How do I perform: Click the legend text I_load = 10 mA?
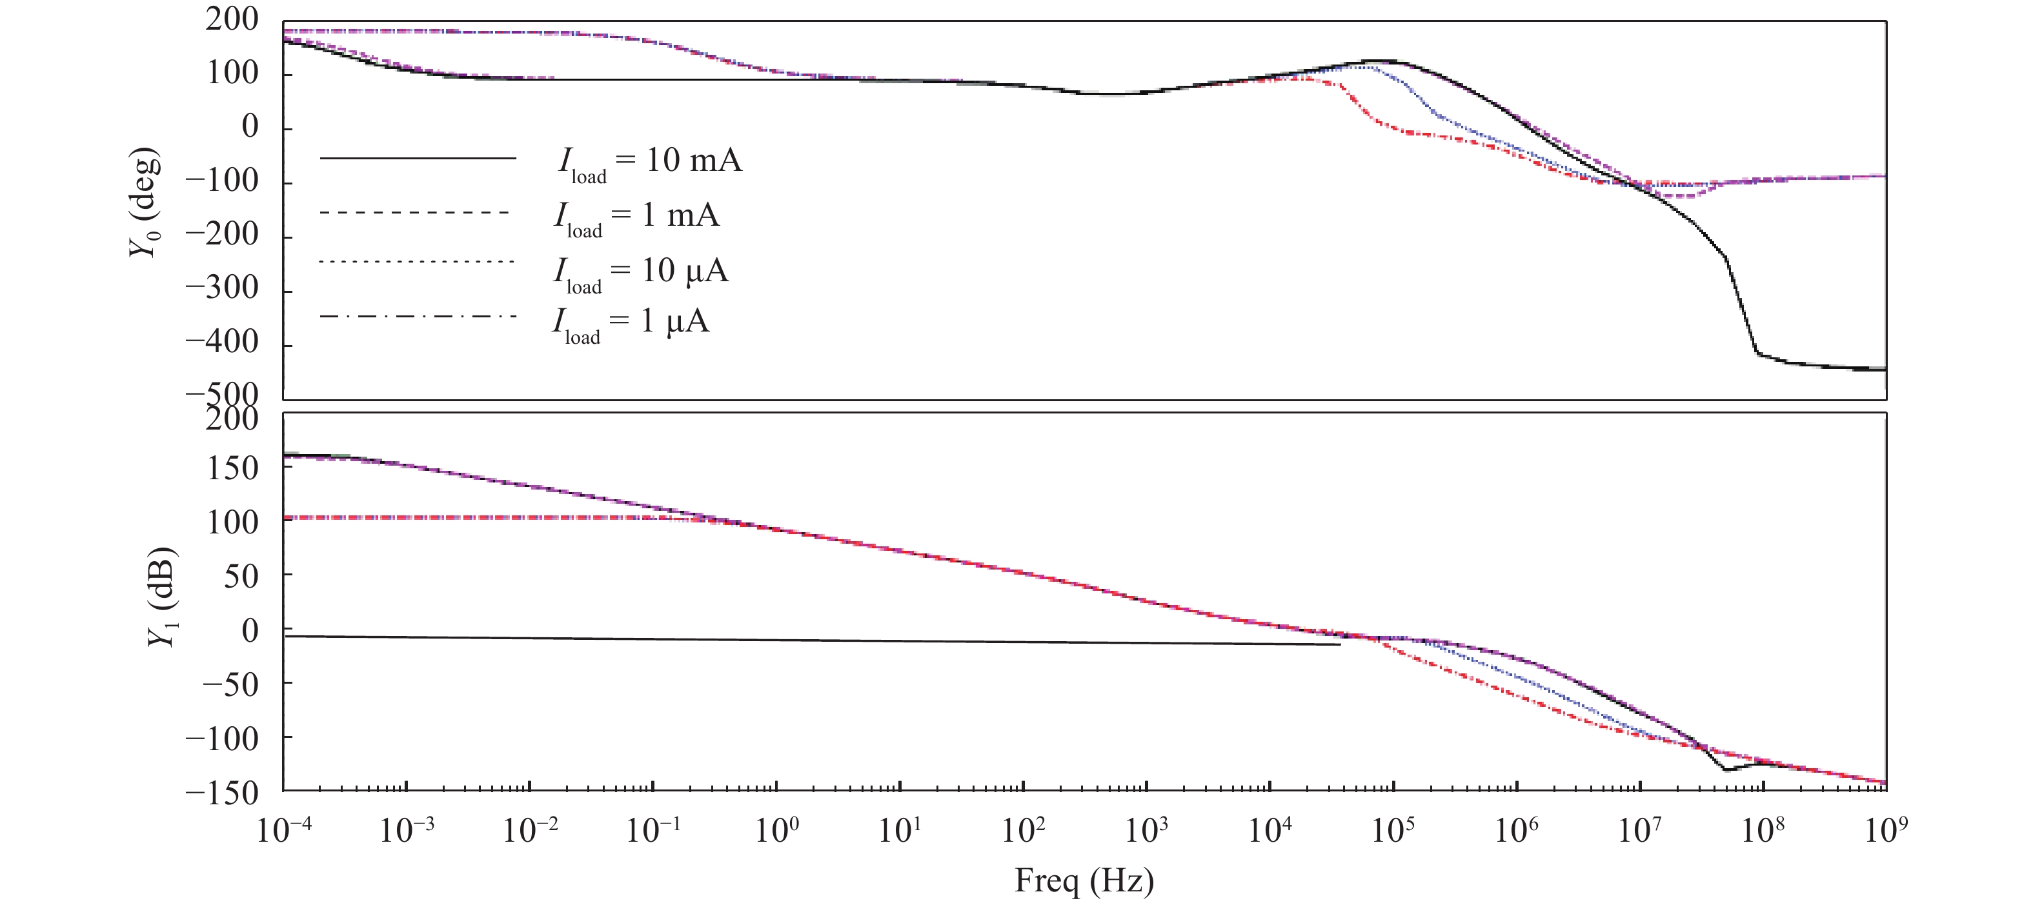649,163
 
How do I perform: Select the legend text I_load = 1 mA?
636,217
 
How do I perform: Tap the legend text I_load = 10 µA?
640,273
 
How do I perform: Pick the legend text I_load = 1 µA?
631,323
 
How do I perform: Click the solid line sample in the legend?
418,159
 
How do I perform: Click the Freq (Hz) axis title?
1084,880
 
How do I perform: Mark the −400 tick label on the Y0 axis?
222,342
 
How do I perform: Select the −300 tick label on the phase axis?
222,289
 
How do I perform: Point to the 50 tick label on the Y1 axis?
241,577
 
